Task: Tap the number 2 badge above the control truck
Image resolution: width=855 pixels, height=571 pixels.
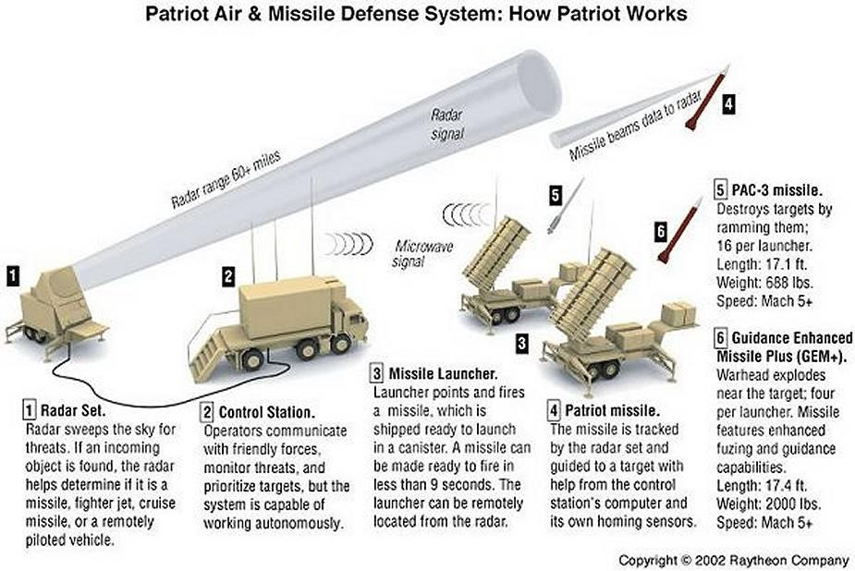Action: [x=227, y=274]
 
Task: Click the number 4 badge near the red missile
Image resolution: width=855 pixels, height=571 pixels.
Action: [x=727, y=104]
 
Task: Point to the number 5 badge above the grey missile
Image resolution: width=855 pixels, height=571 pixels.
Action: [x=555, y=195]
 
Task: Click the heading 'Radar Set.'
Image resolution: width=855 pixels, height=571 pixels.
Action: [x=69, y=408]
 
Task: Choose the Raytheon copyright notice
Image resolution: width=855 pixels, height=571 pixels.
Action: [x=733, y=560]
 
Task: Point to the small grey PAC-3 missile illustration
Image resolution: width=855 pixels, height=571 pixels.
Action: [x=567, y=206]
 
